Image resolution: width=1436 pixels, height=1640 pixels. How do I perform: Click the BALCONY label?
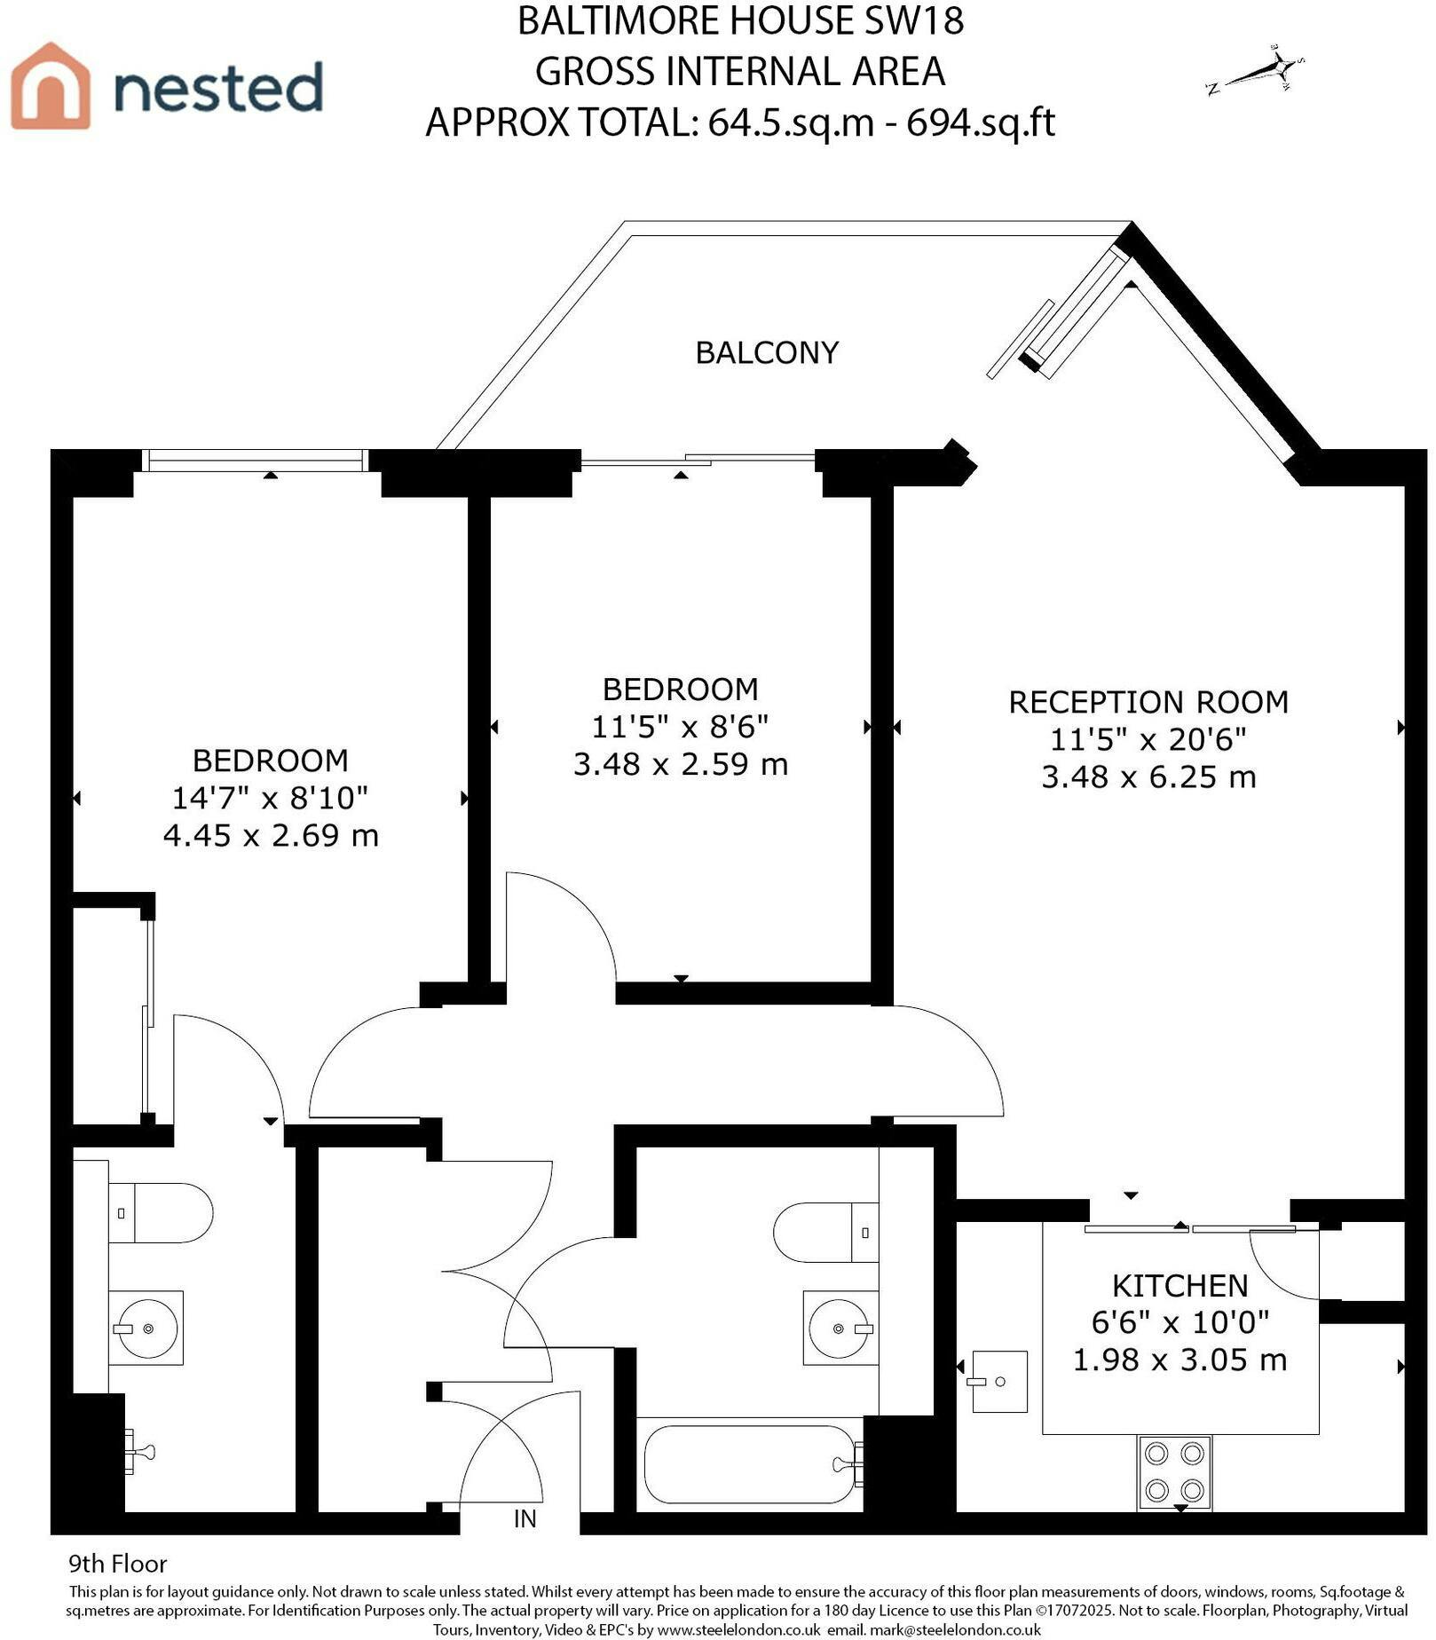[767, 353]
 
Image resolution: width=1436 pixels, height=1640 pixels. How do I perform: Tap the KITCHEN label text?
[1180, 1285]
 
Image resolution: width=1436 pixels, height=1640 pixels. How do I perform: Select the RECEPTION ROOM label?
[1148, 702]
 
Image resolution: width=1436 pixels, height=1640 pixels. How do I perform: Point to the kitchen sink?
[999, 1381]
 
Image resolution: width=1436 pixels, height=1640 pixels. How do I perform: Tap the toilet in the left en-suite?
[161, 1212]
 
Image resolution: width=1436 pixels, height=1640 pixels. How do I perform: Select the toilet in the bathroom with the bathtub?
[825, 1233]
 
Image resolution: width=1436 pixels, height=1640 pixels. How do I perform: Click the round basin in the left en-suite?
[146, 1328]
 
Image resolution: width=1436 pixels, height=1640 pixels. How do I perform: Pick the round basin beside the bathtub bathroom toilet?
[840, 1328]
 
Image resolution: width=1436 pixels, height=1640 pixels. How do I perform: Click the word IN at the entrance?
[525, 1518]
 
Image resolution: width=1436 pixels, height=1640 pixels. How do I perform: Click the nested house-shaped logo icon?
[51, 85]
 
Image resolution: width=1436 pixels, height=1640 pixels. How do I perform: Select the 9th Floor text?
[118, 1564]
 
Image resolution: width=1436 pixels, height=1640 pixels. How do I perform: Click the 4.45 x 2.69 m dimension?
[271, 835]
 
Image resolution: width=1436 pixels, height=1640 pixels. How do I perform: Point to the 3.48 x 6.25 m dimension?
[1148, 777]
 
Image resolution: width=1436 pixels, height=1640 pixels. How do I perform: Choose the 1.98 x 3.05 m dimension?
[1180, 1359]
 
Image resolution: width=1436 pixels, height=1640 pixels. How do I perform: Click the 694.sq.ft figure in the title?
[981, 122]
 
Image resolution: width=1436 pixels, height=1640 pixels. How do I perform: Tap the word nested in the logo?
[218, 88]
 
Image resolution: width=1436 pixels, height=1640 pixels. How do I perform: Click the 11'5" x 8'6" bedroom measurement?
[680, 727]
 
